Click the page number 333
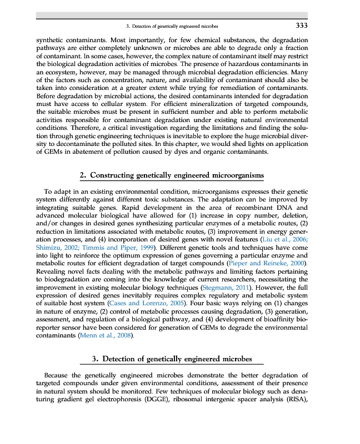coord(302,26)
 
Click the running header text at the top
coord(172,27)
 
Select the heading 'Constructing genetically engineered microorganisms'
coord(177,176)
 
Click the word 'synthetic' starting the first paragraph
coord(46,41)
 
